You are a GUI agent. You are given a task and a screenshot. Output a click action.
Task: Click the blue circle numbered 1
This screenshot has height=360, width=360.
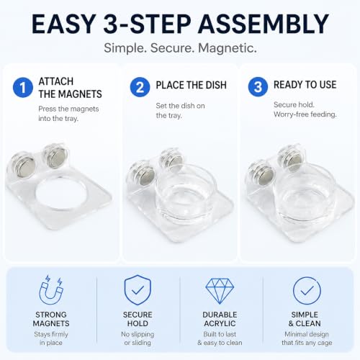(x=23, y=87)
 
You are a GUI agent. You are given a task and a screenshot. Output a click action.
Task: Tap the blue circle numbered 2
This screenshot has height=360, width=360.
(x=140, y=87)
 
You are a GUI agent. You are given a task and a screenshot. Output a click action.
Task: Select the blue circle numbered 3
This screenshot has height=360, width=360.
(x=258, y=86)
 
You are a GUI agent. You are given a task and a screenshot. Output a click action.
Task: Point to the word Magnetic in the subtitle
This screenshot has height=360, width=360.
(x=228, y=48)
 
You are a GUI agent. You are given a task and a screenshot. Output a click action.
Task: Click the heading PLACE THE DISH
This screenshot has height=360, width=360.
(x=191, y=85)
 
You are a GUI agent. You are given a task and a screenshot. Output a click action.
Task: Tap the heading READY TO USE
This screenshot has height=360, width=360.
(x=305, y=85)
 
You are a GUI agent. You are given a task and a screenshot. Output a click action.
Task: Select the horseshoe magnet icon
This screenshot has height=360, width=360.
(x=51, y=290)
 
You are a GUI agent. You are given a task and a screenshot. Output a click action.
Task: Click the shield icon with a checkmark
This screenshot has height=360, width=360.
(x=138, y=290)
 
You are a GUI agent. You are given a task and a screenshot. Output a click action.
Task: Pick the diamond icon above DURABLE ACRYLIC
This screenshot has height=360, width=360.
(x=220, y=291)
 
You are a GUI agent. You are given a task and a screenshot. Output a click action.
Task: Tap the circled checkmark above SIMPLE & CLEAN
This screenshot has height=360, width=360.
(x=307, y=291)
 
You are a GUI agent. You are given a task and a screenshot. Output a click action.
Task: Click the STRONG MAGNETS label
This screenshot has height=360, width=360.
(x=51, y=319)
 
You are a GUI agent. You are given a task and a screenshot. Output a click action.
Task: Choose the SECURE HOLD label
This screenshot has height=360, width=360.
(x=138, y=319)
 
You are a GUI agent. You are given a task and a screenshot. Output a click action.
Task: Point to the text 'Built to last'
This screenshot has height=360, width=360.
(x=220, y=334)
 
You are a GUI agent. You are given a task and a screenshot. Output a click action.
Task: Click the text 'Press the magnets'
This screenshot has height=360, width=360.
(x=68, y=109)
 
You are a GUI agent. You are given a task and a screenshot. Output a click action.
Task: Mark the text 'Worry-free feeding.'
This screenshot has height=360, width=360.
(x=305, y=114)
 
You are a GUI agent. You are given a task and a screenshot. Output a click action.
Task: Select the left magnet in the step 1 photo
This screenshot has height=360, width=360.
(x=24, y=165)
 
